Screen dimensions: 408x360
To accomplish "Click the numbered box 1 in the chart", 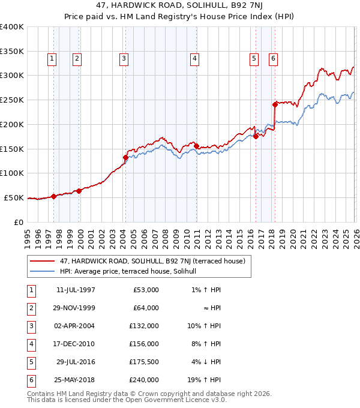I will point(52,58).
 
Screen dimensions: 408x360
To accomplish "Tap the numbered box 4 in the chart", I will point(195,58).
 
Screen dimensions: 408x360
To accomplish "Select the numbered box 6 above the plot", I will point(273,58).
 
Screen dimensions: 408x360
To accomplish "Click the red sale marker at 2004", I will point(125,158).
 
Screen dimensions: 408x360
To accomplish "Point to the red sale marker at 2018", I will point(275,104).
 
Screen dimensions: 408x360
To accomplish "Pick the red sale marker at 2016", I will point(256,136).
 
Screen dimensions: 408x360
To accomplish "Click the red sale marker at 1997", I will point(54,196).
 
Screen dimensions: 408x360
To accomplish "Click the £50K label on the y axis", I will point(14,197).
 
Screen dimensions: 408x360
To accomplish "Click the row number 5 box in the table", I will point(31,362).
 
